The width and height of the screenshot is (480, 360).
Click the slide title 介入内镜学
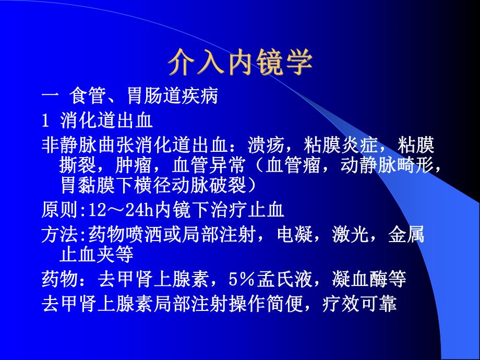click(x=240, y=64)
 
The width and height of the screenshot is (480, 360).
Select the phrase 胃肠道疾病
click(x=172, y=97)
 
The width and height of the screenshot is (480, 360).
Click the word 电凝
click(x=303, y=235)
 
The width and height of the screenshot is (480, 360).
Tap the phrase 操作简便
click(x=247, y=304)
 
